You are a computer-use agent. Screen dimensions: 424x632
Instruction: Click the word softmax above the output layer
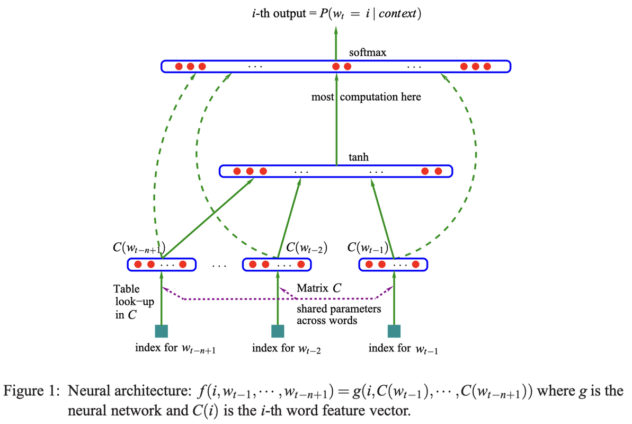pyautogui.click(x=368, y=53)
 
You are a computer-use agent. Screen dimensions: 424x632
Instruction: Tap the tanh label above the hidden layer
pyautogui.click(x=359, y=157)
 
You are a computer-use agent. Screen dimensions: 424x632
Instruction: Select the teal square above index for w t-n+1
pyautogui.click(x=162, y=331)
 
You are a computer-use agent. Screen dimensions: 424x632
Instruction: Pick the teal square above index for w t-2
pyautogui.click(x=278, y=331)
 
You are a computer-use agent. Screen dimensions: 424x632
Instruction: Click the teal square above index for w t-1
pyautogui.click(x=394, y=331)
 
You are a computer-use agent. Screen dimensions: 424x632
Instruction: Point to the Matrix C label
pyautogui.click(x=319, y=289)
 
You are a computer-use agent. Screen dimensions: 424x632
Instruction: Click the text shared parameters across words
pyautogui.click(x=338, y=314)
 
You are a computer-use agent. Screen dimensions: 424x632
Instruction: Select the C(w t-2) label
pyautogui.click(x=306, y=248)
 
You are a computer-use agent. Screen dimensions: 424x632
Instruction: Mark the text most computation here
pyautogui.click(x=366, y=97)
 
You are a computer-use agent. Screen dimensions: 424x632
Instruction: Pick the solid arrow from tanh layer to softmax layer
pyautogui.click(x=336, y=122)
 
